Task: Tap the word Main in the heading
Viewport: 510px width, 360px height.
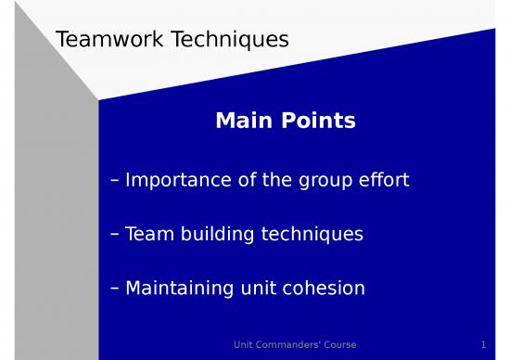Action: click(241, 121)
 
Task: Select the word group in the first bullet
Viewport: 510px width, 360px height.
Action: click(328, 180)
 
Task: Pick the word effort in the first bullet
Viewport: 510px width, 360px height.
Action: click(386, 179)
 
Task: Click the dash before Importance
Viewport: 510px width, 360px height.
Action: click(113, 180)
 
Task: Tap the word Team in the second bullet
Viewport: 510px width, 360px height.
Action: click(148, 234)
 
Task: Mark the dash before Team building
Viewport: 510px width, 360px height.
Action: click(113, 235)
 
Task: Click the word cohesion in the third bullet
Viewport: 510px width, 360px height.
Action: click(324, 289)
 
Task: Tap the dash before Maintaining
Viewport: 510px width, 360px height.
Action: click(113, 289)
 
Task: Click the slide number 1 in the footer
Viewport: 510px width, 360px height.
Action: click(484, 345)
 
